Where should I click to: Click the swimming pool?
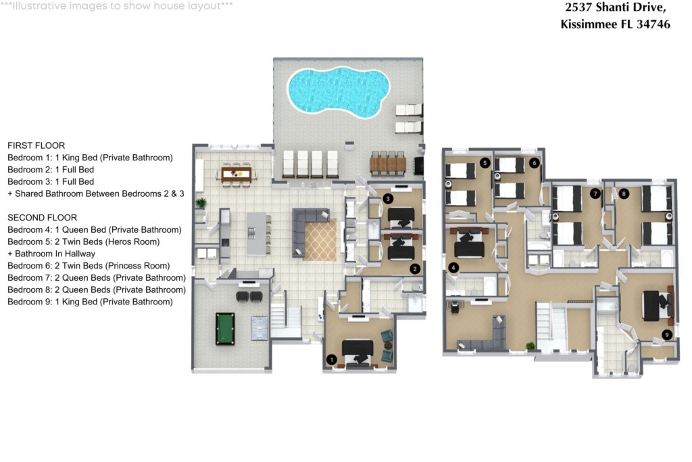(x=339, y=92)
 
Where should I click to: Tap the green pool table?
(x=225, y=329)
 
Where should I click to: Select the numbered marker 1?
(x=331, y=360)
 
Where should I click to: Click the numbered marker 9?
(x=667, y=335)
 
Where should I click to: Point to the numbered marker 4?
(x=453, y=267)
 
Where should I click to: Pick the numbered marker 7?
(x=595, y=193)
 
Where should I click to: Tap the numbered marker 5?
(x=485, y=163)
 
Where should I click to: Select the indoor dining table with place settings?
(x=236, y=175)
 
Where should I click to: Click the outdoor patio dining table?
(x=387, y=165)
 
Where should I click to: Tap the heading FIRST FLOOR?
(x=36, y=145)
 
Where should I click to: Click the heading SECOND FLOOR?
(x=43, y=218)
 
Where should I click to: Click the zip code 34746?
(x=653, y=24)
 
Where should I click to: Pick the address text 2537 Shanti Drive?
(x=615, y=7)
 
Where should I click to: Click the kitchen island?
(x=257, y=234)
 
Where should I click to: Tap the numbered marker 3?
(x=388, y=199)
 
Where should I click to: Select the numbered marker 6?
(x=535, y=163)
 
